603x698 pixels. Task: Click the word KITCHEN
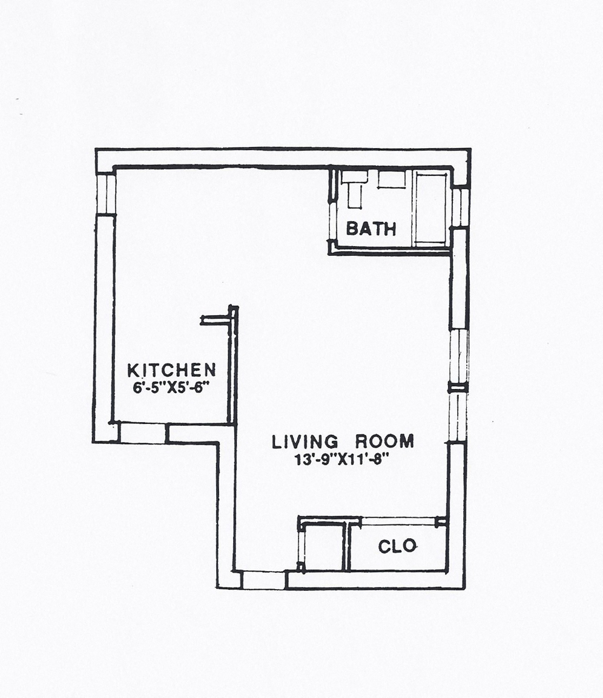[x=171, y=370]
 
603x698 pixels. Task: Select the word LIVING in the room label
[x=305, y=442]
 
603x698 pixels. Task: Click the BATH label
[x=371, y=229]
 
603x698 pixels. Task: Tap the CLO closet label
[x=398, y=546]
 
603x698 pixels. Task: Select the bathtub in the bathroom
[x=432, y=208]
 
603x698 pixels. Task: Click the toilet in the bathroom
[x=355, y=189]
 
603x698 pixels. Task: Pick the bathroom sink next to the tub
[x=392, y=179]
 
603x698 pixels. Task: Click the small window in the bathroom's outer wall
[x=460, y=208]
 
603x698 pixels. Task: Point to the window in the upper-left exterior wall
[x=106, y=193]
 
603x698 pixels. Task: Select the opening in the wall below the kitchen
[x=143, y=432]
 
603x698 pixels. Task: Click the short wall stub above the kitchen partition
[x=216, y=319]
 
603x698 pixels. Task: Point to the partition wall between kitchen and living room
[x=232, y=364]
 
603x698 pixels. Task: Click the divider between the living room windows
[x=458, y=389]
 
